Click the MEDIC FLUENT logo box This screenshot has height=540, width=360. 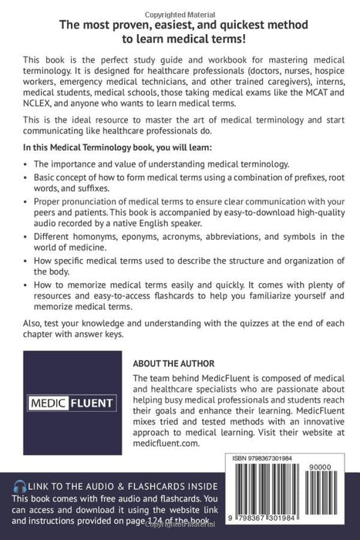click(x=72, y=402)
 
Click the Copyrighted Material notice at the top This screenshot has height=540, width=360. click(x=180, y=4)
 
